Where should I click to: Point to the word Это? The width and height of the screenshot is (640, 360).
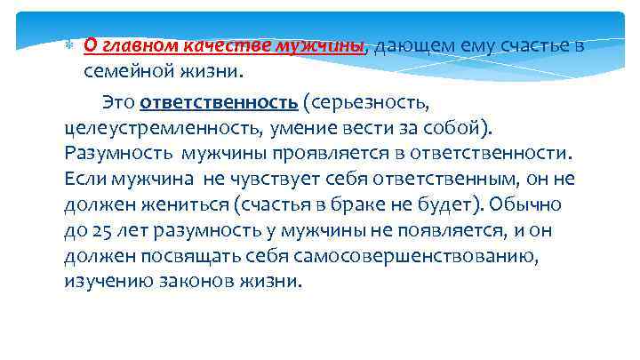(119, 100)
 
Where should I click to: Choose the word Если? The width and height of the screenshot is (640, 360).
(86, 178)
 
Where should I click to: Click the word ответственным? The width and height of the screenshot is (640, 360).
(452, 178)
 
